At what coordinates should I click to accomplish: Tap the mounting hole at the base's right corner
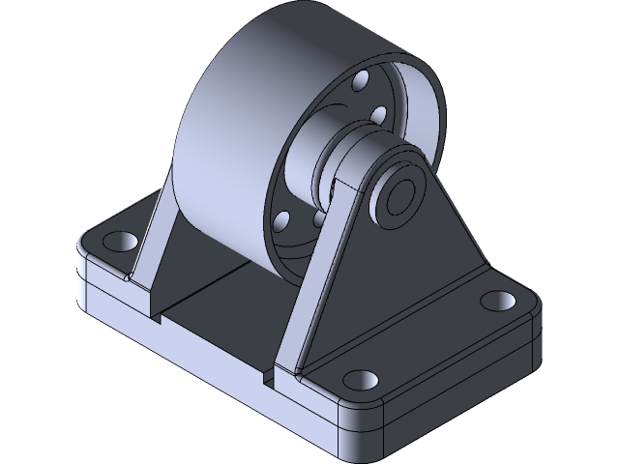[x=499, y=301]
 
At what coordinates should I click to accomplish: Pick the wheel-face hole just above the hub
[x=378, y=117]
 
